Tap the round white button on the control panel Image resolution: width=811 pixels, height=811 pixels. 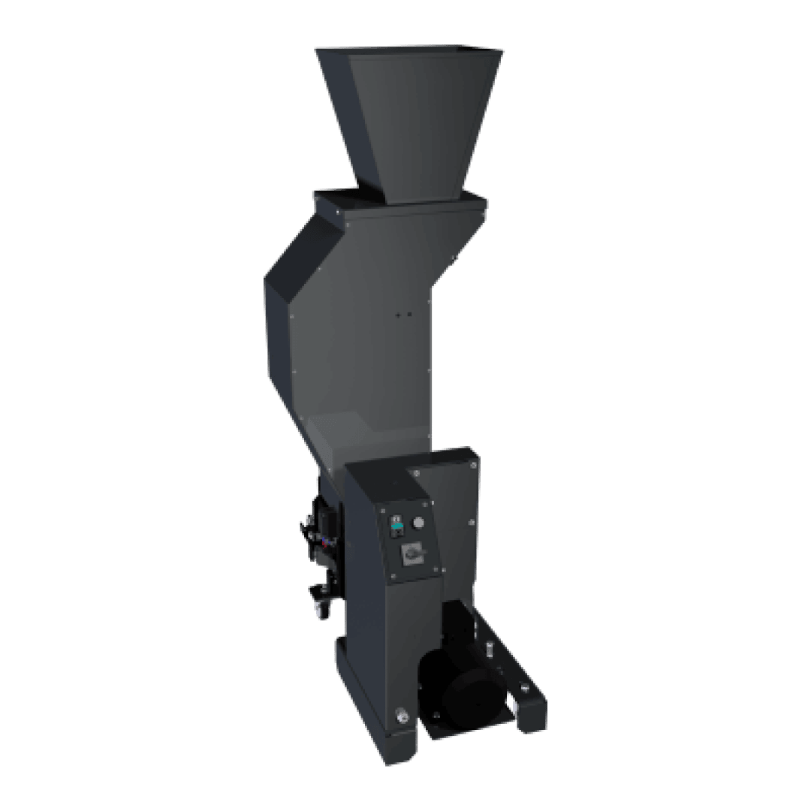tap(419, 523)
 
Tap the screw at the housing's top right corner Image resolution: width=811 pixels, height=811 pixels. tap(474, 465)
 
